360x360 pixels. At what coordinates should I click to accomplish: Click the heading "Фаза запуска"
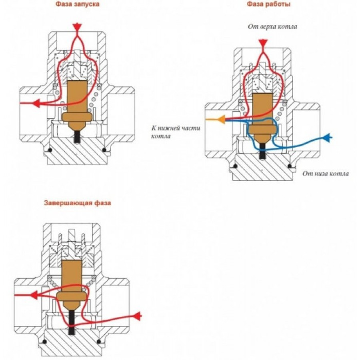point(77,4)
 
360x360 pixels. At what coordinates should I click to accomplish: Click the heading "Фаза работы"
point(269,4)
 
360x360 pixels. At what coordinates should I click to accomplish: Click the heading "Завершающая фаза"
point(77,203)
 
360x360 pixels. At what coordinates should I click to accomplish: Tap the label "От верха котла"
point(272,26)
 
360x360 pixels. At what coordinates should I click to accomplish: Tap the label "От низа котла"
point(325,173)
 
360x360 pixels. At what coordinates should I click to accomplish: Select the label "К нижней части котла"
point(176,132)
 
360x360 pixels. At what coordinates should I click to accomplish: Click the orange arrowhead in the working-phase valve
point(221,120)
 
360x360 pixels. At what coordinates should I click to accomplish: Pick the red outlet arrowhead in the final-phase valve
point(34,295)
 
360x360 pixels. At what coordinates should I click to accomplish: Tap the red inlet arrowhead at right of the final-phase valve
point(137,316)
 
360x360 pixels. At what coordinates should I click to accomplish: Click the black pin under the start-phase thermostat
point(77,137)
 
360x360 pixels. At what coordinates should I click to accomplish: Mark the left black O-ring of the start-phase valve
point(49,150)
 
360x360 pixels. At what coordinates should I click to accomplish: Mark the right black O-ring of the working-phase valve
point(290,166)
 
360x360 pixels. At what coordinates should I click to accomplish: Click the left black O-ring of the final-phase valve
point(44,342)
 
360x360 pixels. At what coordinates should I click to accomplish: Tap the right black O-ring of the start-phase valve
point(104,150)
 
